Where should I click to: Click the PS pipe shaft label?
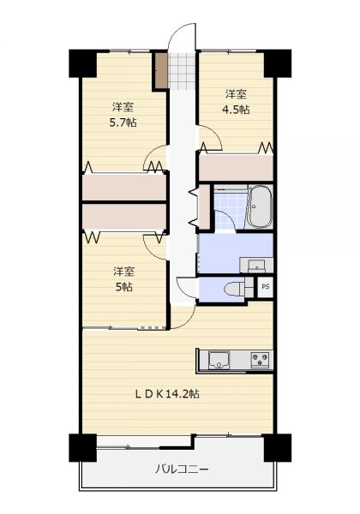click(266, 287)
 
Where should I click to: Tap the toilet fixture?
click(234, 290)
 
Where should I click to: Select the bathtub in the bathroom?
click(259, 206)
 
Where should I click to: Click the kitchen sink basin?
click(219, 360)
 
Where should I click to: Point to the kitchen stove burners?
click(261, 360)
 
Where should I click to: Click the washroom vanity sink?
click(256, 266)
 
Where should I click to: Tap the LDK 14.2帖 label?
click(167, 393)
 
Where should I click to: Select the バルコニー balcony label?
click(182, 469)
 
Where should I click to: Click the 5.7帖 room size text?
click(123, 123)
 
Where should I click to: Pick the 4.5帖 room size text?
click(236, 110)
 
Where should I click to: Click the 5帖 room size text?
click(123, 287)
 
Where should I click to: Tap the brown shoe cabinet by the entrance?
click(161, 69)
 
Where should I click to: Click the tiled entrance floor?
click(182, 70)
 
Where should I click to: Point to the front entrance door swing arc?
click(177, 32)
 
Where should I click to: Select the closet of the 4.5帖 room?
click(236, 167)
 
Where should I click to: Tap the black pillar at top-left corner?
click(82, 63)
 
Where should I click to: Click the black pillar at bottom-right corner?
click(278, 447)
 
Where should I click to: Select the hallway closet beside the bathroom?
click(204, 206)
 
